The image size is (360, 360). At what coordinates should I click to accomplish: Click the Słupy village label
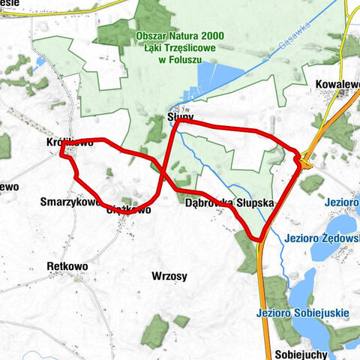point(180,118)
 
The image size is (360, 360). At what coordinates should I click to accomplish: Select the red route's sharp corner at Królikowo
point(62,155)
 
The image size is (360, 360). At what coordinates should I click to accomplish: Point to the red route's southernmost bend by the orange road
point(258,239)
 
